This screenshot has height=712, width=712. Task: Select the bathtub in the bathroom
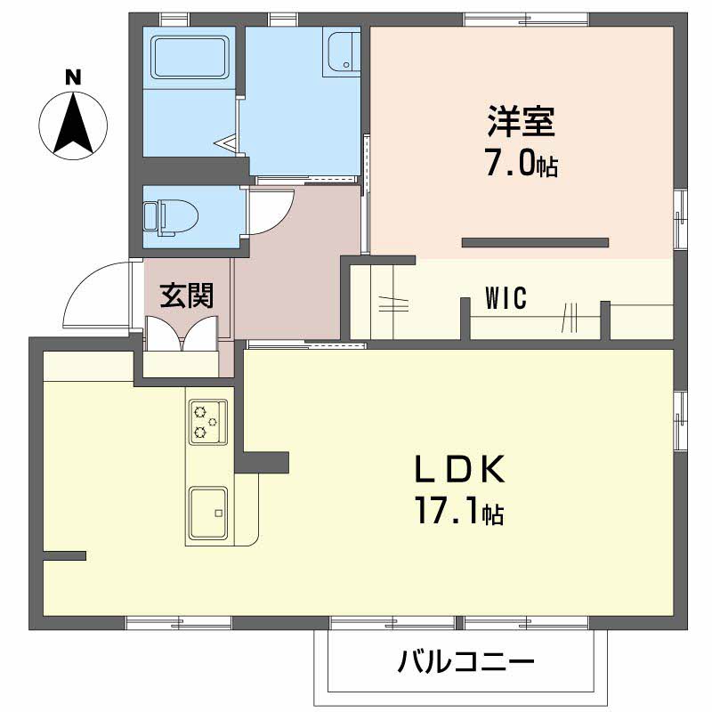click(190, 58)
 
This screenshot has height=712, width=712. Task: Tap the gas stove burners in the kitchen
click(206, 421)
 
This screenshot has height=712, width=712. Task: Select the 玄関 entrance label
click(186, 295)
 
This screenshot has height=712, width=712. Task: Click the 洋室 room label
click(521, 122)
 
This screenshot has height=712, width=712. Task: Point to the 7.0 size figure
click(512, 163)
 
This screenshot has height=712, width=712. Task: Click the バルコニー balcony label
click(465, 662)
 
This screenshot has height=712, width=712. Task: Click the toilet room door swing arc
click(272, 212)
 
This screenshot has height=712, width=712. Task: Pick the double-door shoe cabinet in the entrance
click(182, 336)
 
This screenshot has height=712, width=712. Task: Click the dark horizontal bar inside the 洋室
click(535, 242)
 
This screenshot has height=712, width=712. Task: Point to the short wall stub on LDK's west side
click(64, 556)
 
